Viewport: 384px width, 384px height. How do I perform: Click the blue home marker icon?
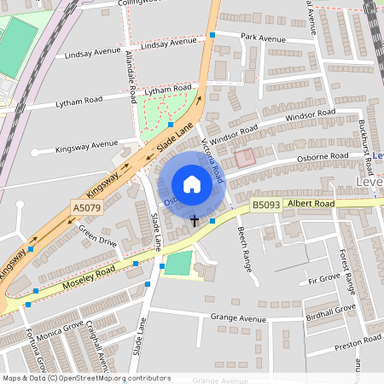point(191,184)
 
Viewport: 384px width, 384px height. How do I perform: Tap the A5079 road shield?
point(87,207)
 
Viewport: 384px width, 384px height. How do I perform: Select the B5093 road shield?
point(265,206)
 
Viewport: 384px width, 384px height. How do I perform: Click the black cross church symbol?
point(195,221)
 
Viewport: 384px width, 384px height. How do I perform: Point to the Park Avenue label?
point(262,38)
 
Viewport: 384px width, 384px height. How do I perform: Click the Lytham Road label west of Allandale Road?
point(80,100)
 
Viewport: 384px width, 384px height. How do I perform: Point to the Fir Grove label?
point(324,279)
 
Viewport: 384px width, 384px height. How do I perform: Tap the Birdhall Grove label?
point(329,311)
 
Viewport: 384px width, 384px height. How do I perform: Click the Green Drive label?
point(97,235)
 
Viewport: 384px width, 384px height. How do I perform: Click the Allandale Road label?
point(132,77)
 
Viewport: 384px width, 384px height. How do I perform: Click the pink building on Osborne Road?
point(245,157)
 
